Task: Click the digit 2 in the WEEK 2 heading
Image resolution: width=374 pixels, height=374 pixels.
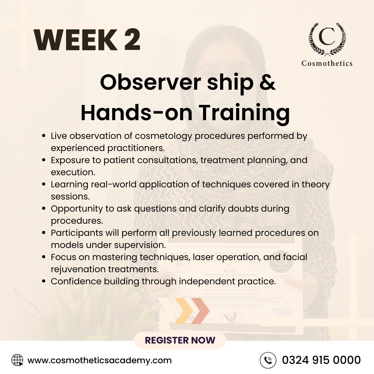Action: [132, 39]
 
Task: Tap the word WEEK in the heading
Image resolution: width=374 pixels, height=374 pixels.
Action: [75, 39]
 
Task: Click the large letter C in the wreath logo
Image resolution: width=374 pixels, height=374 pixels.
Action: [327, 36]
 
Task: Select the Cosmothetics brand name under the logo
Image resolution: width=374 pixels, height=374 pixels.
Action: [327, 63]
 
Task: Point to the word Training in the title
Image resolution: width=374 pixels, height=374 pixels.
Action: [244, 113]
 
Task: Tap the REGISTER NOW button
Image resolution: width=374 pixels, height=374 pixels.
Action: [180, 340]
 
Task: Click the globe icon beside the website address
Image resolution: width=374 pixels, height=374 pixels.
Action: [17, 360]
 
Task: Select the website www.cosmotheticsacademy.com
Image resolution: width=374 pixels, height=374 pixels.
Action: [99, 360]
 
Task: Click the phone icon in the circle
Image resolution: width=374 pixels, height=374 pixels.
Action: [268, 360]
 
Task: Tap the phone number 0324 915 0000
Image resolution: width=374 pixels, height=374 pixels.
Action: [321, 360]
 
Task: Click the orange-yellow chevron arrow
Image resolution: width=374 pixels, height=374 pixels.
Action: [184, 311]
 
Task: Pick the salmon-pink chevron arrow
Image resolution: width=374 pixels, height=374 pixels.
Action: [200, 311]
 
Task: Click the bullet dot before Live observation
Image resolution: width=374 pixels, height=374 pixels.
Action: [44, 136]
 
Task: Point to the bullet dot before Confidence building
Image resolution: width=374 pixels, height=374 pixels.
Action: [44, 282]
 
